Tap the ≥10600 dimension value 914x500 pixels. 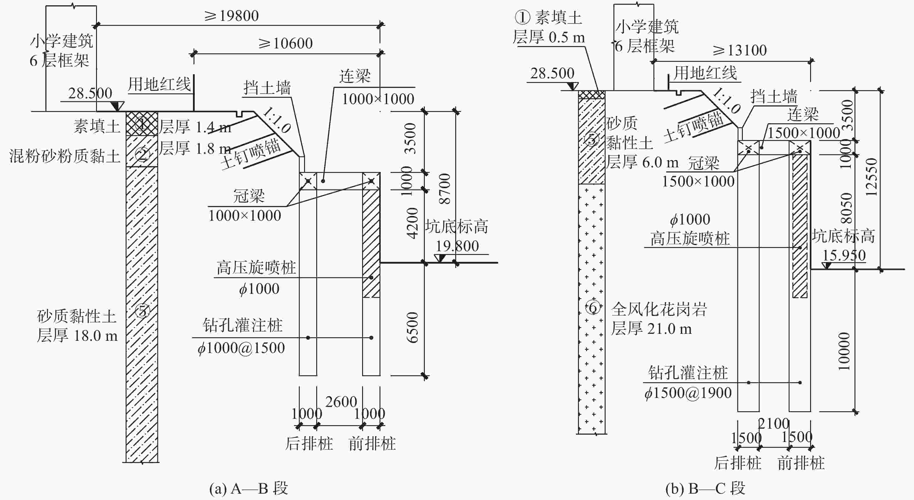tap(286, 44)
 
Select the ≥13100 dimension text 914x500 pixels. tap(740, 50)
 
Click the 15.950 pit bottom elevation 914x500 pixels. tap(844, 255)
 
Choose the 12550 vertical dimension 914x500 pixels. tap(871, 177)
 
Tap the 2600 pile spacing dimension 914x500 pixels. tap(341, 402)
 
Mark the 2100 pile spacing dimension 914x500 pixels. tap(774, 423)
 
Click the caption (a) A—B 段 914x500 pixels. tap(248, 489)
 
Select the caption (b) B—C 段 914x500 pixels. tap(705, 489)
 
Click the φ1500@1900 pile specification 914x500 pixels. tap(688, 393)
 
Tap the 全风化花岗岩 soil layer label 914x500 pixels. tap(659, 309)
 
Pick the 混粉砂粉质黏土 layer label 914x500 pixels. tap(65, 156)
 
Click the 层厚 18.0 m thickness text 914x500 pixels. tap(77, 336)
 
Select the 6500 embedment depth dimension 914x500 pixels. tap(412, 327)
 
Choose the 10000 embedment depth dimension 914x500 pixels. tap(844, 351)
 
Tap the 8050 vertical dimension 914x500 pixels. tap(846, 208)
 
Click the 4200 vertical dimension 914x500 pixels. tap(412, 223)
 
